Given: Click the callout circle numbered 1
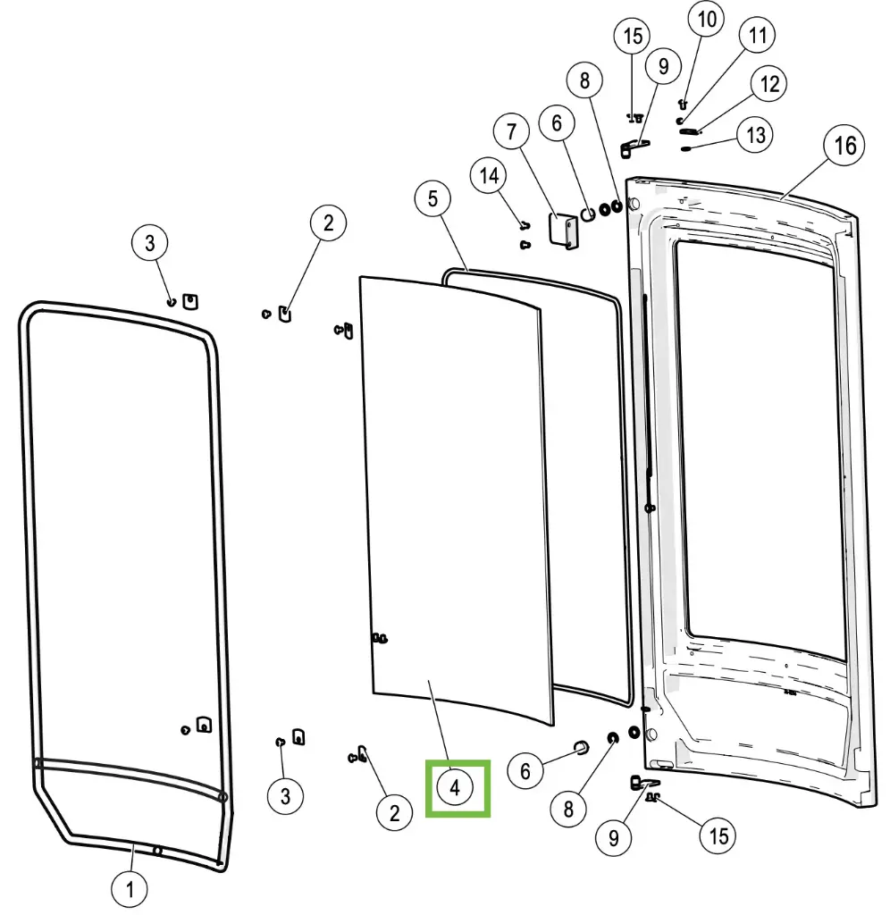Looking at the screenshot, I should [130, 888].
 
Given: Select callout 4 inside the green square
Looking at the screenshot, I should [455, 788].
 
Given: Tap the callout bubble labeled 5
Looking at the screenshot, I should [433, 198].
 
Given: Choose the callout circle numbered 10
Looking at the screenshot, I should [706, 21].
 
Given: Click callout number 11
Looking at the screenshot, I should [758, 37].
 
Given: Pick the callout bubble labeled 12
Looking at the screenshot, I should [768, 85].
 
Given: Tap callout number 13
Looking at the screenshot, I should [756, 136].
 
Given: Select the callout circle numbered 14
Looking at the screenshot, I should [490, 176].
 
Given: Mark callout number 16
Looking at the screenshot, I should [844, 146].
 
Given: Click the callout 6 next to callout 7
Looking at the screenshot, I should [557, 124].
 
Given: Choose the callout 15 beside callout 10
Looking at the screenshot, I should [633, 37].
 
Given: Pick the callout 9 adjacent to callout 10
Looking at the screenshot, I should [663, 65].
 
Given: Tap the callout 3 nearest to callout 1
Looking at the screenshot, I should [285, 794].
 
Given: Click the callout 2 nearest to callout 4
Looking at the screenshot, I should [394, 812].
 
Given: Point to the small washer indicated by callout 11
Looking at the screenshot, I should [680, 120].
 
